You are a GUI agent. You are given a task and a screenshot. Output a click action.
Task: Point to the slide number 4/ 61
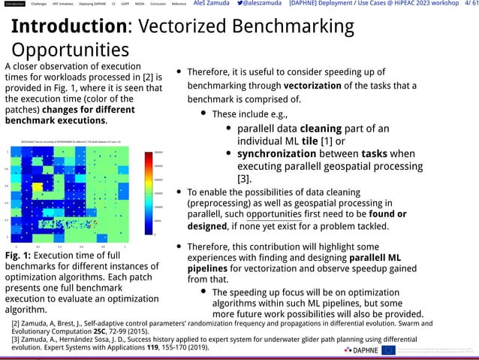coord(466,5)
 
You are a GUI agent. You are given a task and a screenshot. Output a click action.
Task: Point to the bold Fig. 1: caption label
coord(20,256)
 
